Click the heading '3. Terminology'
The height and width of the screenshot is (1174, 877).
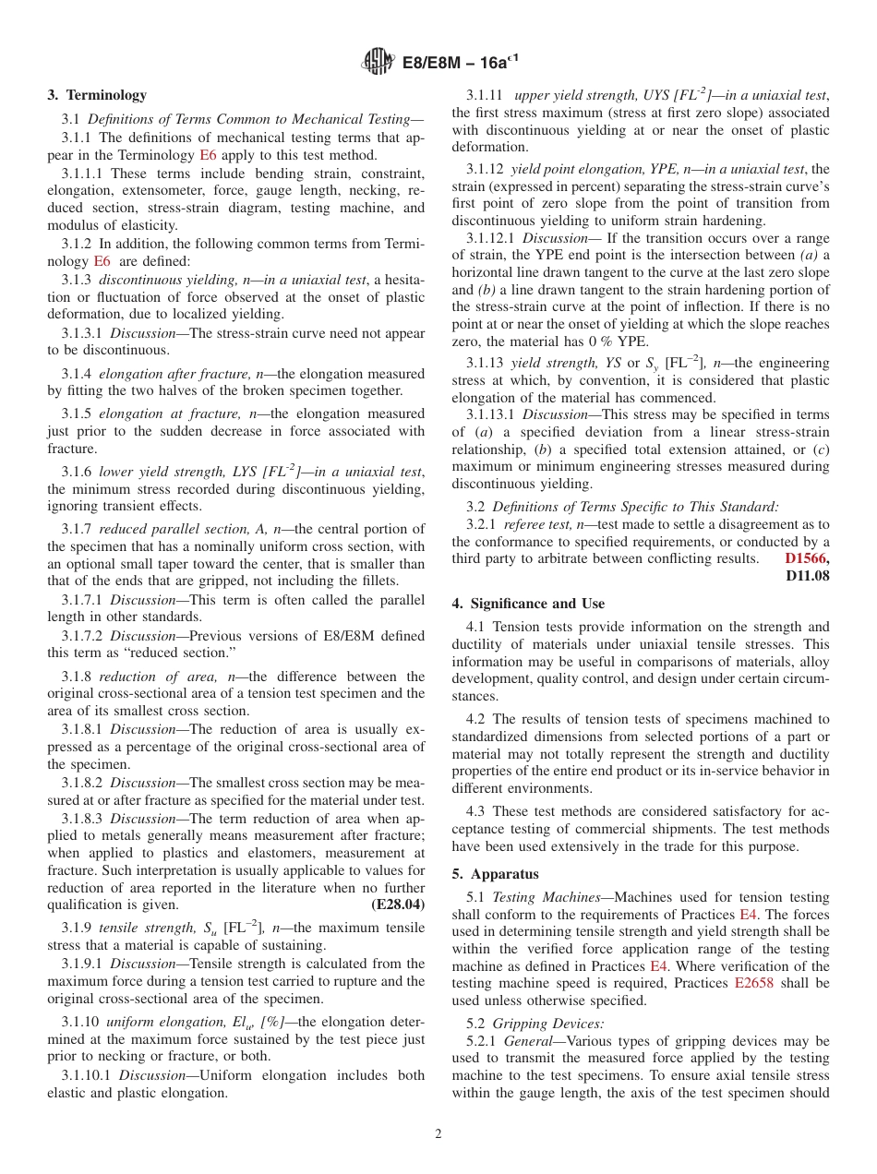97,95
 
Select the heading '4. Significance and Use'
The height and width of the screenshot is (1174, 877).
528,604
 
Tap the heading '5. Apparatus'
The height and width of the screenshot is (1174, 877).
496,873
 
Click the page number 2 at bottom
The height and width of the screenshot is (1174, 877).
438,1134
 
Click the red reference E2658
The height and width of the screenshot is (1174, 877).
757,984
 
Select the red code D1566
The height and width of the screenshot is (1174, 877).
805,558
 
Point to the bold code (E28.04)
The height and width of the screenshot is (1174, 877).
398,904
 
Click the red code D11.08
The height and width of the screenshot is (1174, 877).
807,576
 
